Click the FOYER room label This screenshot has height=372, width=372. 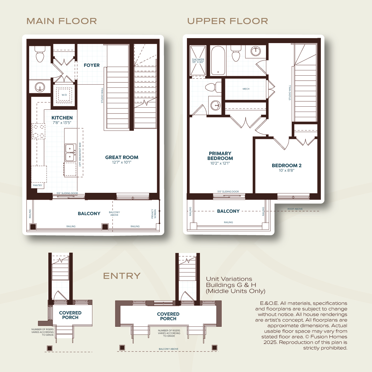click(x=92, y=65)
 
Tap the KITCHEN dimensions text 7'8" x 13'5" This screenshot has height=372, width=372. click(x=62, y=122)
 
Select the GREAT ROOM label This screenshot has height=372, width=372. click(x=122, y=157)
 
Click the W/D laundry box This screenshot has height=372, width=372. click(x=64, y=95)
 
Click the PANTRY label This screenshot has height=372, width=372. click(x=38, y=185)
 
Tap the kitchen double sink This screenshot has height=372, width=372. click(x=70, y=153)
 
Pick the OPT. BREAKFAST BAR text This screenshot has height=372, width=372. click(x=80, y=155)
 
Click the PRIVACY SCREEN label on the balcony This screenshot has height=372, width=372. click(x=154, y=214)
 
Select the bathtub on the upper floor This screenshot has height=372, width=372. click(x=218, y=60)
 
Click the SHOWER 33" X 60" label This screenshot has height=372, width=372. click(x=198, y=61)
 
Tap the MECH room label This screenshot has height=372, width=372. click(x=246, y=89)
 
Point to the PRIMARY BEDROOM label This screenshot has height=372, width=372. click(x=220, y=156)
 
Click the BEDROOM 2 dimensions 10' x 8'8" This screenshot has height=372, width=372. click(x=286, y=170)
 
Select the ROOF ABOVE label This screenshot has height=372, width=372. click(x=295, y=209)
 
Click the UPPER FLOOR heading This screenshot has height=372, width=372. click(x=228, y=21)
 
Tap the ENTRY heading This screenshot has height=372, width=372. click(x=122, y=276)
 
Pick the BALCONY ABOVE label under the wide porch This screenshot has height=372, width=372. click(x=169, y=349)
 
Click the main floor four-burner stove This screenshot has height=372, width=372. click(x=38, y=131)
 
